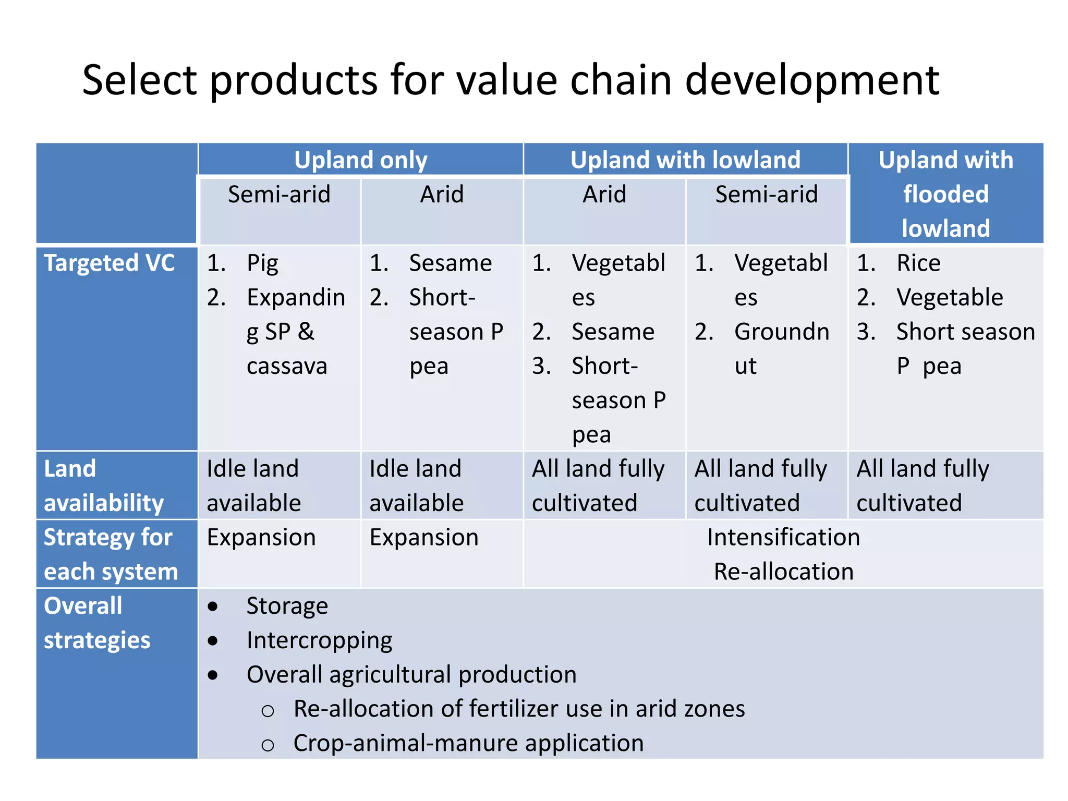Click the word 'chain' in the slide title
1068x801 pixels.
621,80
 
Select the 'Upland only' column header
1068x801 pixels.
360,160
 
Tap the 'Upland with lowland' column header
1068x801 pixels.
685,160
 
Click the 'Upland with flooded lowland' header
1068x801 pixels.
945,194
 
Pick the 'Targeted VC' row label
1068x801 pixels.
109,263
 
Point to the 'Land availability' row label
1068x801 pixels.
103,486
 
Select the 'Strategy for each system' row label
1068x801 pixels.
111,554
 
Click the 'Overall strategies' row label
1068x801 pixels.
97,623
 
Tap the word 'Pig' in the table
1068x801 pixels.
262,263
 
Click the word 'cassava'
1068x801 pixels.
287,366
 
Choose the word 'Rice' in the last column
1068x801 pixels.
918,263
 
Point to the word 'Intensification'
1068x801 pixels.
783,537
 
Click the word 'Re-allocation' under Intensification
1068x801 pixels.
783,572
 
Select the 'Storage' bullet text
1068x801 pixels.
287,606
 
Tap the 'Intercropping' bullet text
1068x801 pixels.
319,640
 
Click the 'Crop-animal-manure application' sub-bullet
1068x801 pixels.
468,743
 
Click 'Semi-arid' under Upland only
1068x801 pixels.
279,195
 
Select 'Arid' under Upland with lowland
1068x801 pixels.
604,195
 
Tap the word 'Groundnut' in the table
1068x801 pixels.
781,332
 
